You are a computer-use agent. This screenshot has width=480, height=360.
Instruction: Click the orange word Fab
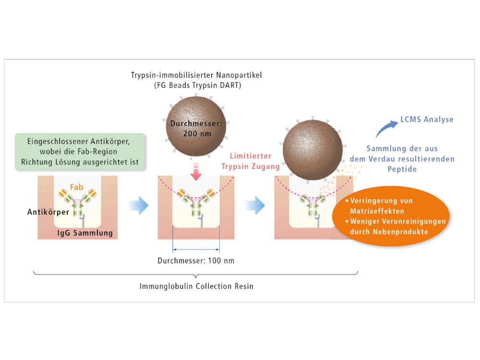coord(76,187)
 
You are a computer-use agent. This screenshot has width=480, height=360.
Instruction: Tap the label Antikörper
coord(48,212)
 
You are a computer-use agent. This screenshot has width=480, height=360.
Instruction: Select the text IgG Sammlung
coord(85,233)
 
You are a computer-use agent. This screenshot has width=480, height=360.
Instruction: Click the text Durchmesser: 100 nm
coord(196,261)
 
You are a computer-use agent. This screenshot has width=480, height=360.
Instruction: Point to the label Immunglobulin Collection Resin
coord(196,286)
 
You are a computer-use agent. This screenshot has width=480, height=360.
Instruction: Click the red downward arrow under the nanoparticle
coord(196,172)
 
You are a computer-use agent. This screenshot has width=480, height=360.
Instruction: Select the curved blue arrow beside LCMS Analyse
coord(386,128)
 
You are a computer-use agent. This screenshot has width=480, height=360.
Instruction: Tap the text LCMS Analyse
coord(427,120)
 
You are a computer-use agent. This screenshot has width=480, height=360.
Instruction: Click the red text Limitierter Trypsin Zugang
coord(251,161)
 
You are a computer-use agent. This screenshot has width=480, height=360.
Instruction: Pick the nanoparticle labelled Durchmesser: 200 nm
coord(196,126)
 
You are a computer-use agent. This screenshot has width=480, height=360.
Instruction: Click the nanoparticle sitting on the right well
coord(312,150)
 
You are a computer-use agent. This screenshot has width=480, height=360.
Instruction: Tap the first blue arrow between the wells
coord(139,205)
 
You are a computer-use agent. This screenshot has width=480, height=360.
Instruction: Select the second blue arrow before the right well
coord(256,205)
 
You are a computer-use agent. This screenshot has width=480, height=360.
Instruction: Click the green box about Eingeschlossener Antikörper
coord(80,152)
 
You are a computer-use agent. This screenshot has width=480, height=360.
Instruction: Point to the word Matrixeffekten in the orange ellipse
coord(377,211)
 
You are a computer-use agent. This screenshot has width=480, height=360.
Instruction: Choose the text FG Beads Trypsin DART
coord(197,85)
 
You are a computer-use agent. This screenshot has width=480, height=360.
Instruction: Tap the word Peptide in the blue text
coord(402,169)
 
